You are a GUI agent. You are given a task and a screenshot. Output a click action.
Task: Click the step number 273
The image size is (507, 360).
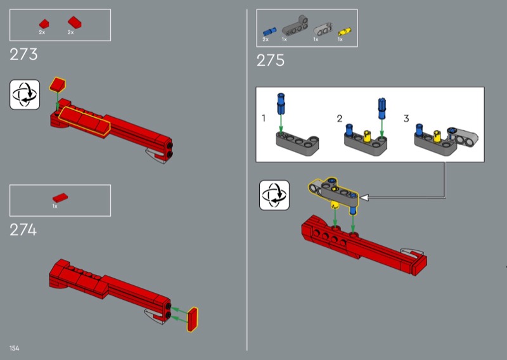23,55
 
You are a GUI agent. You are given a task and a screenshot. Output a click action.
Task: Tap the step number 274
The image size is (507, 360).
23,230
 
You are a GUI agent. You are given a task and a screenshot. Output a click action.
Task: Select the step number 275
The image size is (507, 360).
271,60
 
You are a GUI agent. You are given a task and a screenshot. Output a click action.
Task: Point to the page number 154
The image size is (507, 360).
14,348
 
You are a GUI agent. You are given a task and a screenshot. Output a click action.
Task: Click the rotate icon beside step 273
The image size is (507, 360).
25,94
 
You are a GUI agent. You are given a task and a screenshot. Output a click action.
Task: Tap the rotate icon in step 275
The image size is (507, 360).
274,195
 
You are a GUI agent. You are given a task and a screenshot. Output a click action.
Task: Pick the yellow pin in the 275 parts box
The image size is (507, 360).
344,32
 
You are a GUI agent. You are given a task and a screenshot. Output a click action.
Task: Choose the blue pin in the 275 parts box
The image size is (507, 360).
269,32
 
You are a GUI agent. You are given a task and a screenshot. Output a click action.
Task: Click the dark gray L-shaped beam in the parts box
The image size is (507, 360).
295,26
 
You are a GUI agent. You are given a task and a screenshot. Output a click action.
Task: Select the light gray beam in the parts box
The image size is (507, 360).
323,29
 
